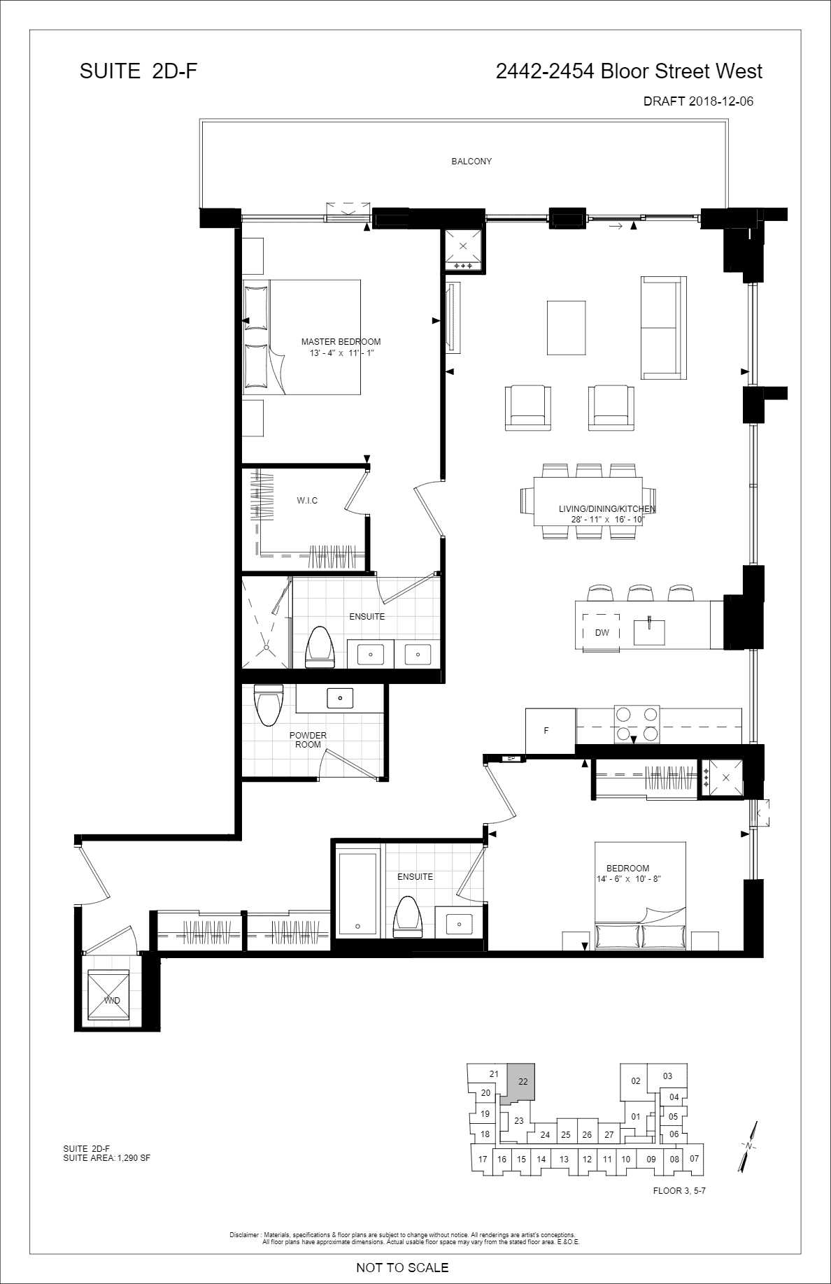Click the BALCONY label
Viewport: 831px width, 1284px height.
pyautogui.click(x=471, y=162)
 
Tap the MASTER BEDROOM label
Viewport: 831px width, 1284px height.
pyautogui.click(x=341, y=342)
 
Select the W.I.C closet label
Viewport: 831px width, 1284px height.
pyautogui.click(x=307, y=501)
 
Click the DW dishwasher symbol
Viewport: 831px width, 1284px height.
pyautogui.click(x=602, y=633)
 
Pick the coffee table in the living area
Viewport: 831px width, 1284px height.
pyautogui.click(x=566, y=328)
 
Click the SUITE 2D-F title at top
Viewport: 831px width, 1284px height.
pyautogui.click(x=138, y=71)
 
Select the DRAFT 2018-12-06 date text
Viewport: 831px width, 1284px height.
pyautogui.click(x=698, y=101)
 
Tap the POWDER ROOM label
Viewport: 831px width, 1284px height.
pyautogui.click(x=308, y=740)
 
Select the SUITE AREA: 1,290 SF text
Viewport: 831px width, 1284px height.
pyautogui.click(x=106, y=1158)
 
